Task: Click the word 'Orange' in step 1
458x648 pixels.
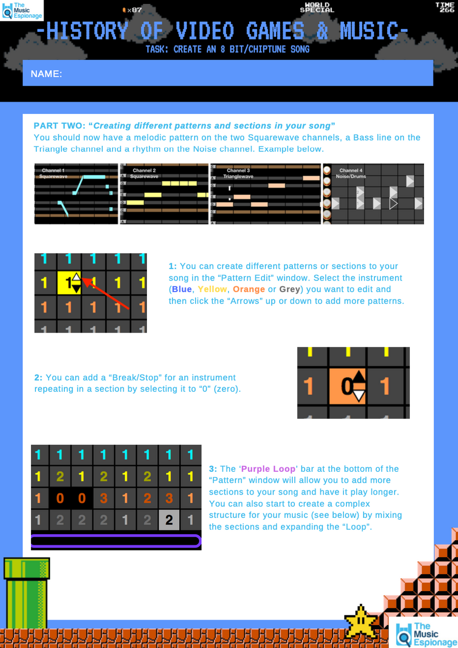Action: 249,290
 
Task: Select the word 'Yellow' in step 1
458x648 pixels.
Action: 212,290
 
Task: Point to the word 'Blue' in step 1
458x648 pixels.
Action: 182,290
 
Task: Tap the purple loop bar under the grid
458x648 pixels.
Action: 116,541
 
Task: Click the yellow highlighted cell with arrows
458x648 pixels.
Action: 69,282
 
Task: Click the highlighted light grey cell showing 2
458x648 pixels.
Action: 169,519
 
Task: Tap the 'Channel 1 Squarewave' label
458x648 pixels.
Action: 53,174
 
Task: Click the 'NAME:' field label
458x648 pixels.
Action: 46,74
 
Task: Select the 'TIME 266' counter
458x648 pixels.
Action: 446,7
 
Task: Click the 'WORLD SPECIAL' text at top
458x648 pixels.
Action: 317,8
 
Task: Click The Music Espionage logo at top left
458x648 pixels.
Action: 22,10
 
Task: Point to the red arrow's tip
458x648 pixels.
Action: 83,278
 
